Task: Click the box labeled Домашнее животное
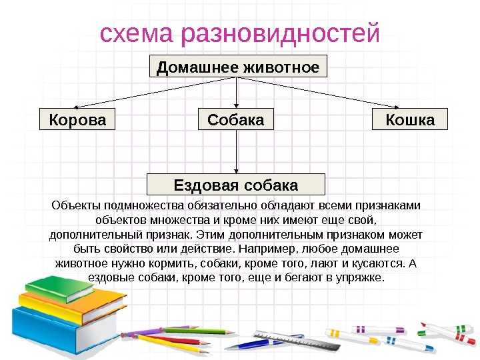click(237, 67)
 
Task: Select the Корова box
click(77, 119)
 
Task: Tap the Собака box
click(236, 119)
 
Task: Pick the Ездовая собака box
click(235, 184)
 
